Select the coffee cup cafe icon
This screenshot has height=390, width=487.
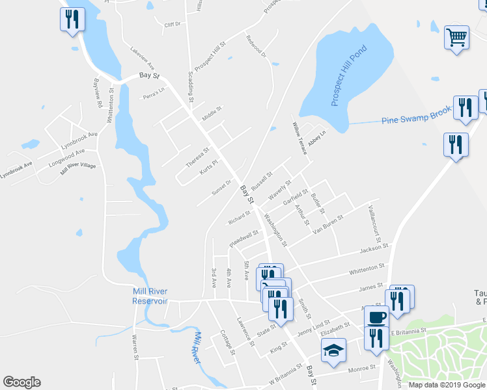(x=376, y=317)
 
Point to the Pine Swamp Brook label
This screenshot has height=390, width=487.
(x=416, y=116)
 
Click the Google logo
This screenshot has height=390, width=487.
(x=22, y=382)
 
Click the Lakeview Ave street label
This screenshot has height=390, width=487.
(x=142, y=58)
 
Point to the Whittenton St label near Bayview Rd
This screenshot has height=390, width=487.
(x=111, y=104)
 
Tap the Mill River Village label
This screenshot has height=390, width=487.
(x=78, y=165)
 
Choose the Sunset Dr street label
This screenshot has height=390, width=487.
(x=222, y=187)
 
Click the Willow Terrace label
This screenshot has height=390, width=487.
(x=299, y=138)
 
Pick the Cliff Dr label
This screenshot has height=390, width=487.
(x=172, y=24)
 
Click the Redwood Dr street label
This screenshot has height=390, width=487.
(x=257, y=45)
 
